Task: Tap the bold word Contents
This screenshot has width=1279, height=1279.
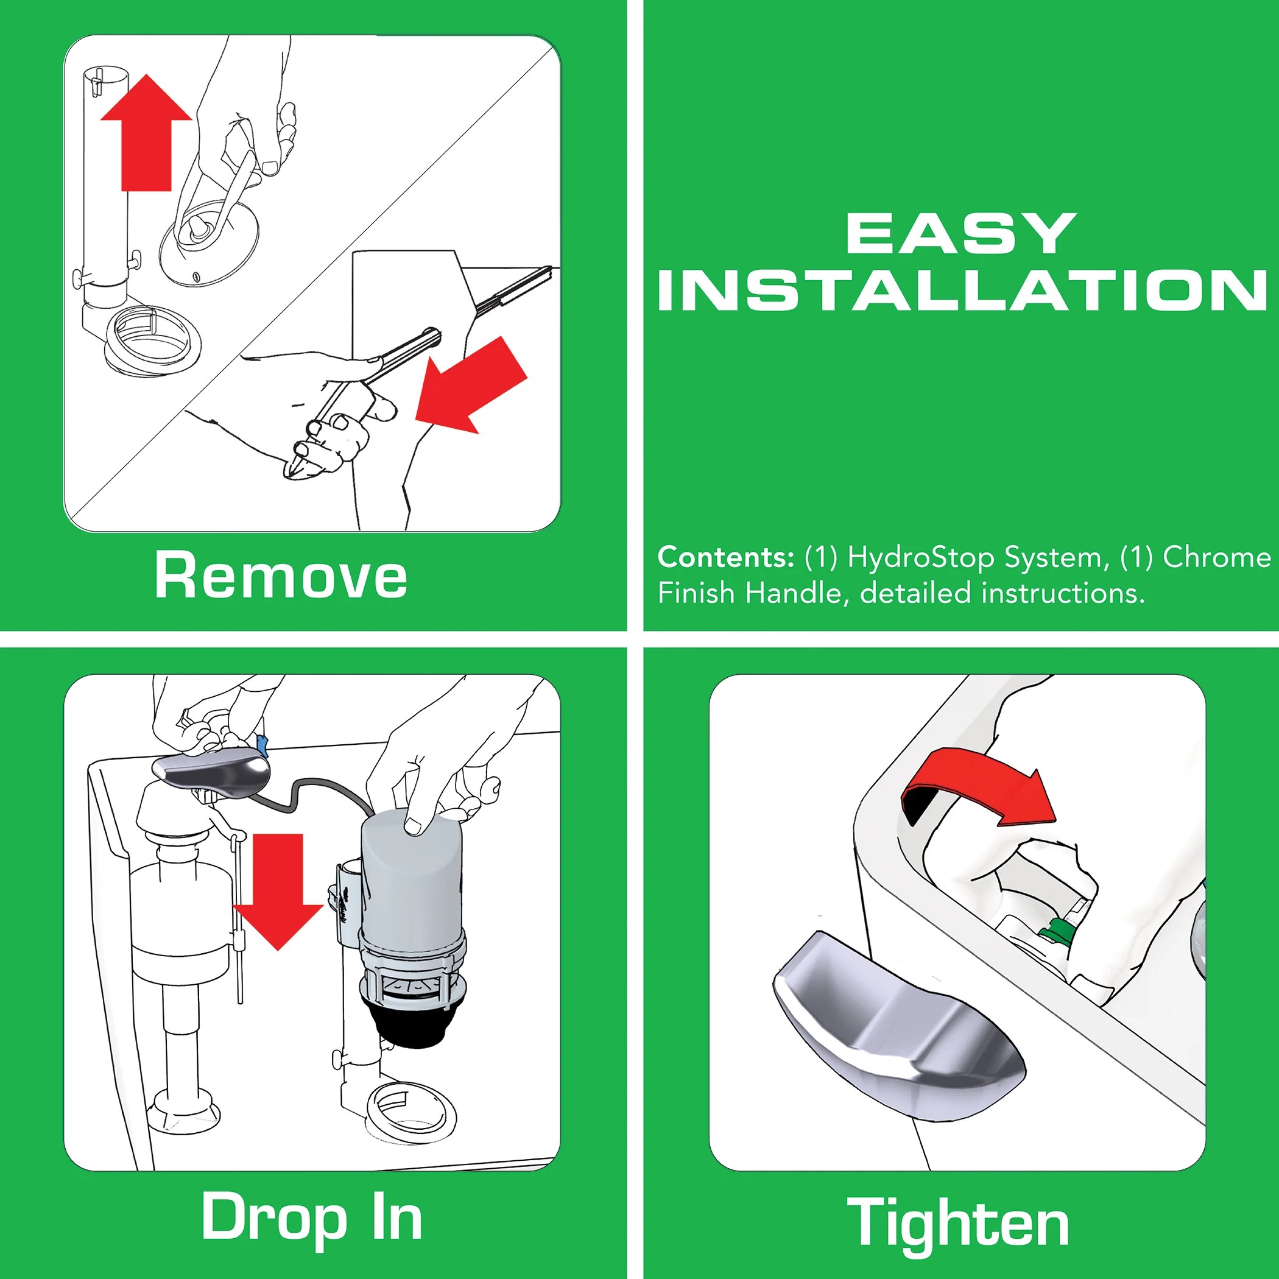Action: [725, 557]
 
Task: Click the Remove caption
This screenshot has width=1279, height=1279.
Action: [281, 576]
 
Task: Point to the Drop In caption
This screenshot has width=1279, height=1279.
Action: [311, 1217]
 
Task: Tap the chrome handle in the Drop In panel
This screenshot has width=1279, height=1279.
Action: [212, 775]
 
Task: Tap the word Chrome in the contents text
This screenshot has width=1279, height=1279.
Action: [1217, 557]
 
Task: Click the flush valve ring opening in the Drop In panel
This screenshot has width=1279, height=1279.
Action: [410, 1110]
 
